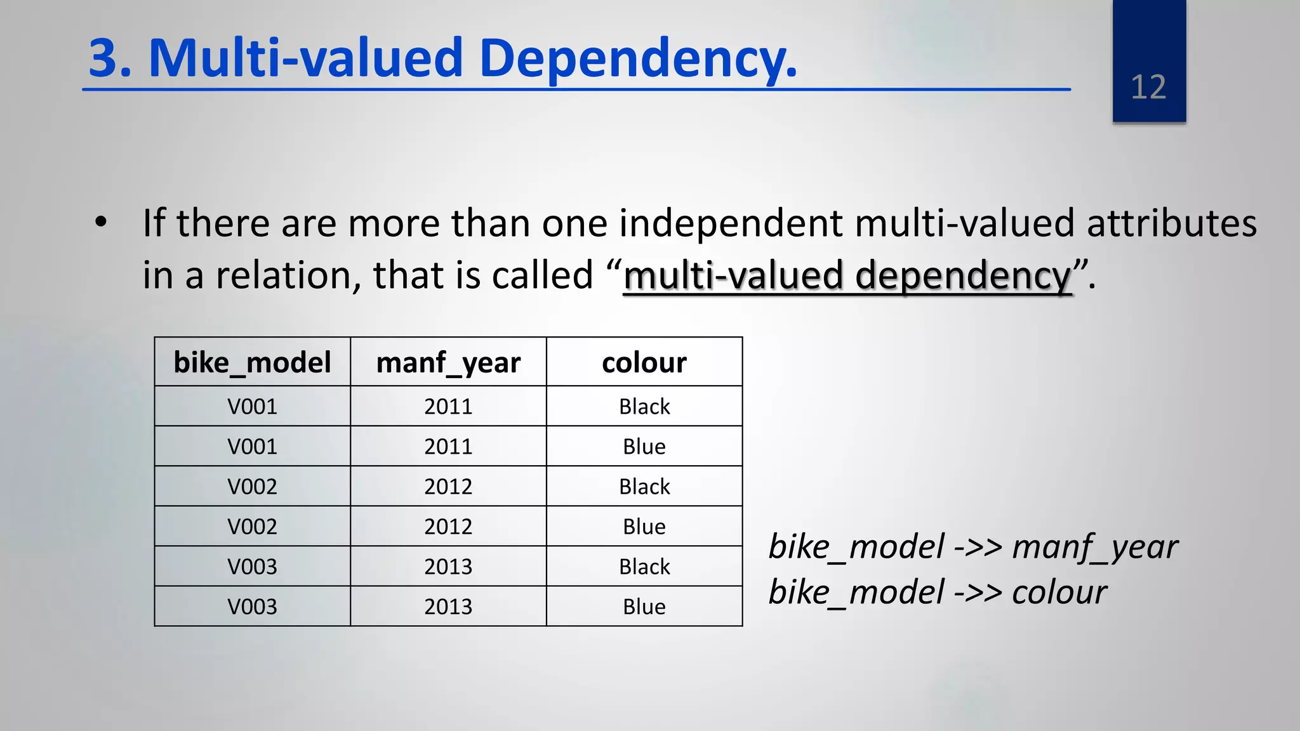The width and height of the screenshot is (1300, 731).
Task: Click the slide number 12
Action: point(1148,87)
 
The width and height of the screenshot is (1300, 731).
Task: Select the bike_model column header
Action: point(252,362)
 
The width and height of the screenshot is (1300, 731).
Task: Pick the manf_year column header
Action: point(448,362)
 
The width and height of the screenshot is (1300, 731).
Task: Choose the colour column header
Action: point(644,362)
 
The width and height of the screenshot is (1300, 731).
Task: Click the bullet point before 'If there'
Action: point(100,223)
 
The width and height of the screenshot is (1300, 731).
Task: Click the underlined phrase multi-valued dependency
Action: point(847,275)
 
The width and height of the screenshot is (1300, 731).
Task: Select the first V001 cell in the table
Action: point(252,406)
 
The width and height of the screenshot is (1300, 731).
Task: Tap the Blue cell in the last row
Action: point(644,607)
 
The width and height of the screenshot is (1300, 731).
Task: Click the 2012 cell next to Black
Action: point(448,487)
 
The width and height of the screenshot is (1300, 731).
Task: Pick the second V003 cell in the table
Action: point(252,607)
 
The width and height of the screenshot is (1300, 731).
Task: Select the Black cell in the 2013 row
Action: point(644,567)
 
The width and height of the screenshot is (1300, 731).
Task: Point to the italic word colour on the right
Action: point(1059,592)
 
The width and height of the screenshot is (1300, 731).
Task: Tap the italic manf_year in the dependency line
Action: point(1094,547)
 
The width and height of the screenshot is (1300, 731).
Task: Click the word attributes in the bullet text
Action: point(1171,223)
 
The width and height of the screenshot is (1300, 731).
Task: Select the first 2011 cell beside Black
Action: point(448,406)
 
